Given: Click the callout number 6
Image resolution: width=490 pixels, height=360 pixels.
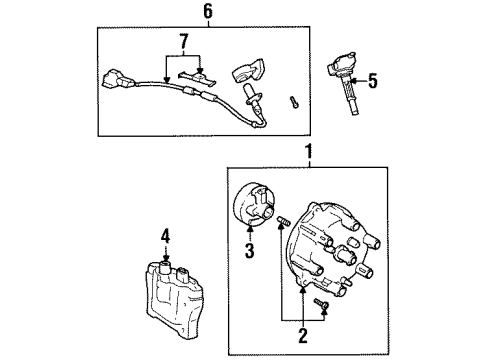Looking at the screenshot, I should click(207, 12).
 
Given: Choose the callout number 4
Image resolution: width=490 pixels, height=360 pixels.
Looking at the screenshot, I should click(167, 237).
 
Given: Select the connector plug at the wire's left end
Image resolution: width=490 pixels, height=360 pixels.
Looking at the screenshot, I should click(115, 77).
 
